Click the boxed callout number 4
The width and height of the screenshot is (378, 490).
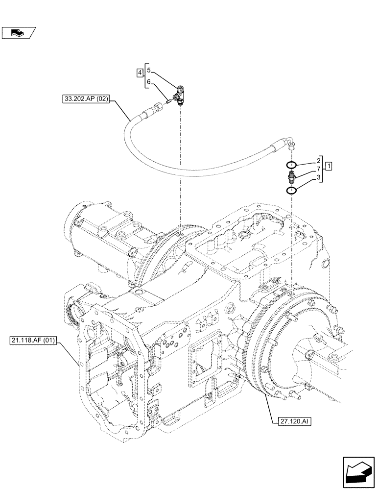tap(140, 73)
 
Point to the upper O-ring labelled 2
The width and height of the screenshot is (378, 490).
tap(291, 164)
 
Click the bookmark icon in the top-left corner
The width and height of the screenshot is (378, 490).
tap(19, 33)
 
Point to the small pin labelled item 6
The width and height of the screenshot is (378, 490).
tap(168, 102)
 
